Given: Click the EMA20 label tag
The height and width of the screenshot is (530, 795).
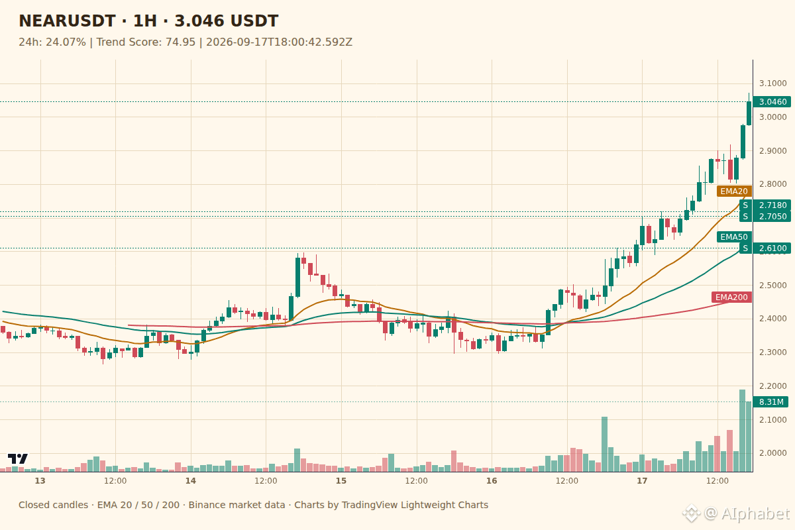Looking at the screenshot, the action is tap(734, 191).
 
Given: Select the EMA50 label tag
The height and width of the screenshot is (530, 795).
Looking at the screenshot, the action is tap(734, 237).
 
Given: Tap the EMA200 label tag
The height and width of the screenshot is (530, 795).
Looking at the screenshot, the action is tap(731, 297).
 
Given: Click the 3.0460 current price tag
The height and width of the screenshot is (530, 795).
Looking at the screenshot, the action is tap(772, 102).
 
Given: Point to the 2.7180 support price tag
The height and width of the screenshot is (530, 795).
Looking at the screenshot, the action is tap(772, 205).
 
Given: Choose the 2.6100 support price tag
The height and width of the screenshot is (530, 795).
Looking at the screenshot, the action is tap(772, 248).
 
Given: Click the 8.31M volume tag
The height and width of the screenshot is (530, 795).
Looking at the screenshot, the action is tap(770, 402).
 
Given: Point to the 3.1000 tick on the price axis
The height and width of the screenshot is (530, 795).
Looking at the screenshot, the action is tap(772, 83).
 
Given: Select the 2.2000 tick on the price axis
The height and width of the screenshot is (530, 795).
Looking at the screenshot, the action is tap(772, 386).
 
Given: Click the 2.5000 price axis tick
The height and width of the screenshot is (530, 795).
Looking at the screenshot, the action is tap(772, 286).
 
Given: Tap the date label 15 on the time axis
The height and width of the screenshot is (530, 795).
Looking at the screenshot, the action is tap(341, 481).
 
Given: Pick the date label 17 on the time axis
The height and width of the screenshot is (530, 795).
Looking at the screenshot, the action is tap(642, 481).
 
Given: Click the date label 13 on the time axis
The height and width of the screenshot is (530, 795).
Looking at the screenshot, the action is tap(40, 481).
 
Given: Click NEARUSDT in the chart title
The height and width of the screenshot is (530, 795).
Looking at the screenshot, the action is tap(67, 21).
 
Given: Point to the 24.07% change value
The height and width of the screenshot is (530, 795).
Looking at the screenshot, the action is tap(66, 42).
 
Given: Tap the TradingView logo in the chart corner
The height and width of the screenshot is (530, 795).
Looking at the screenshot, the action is tap(18, 458).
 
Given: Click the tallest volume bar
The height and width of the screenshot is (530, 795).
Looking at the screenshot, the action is tap(742, 431).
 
